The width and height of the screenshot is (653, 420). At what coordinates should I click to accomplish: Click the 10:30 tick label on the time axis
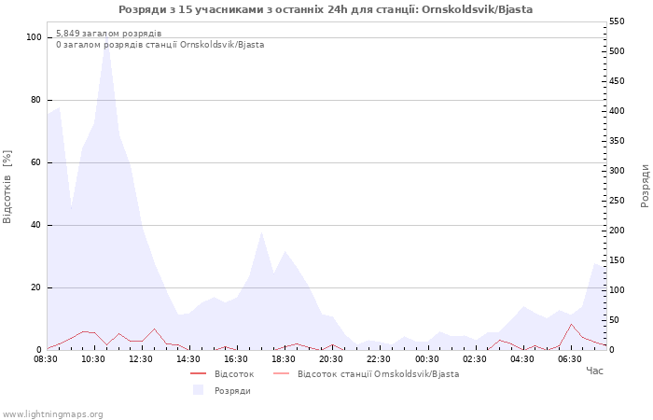click(x=93, y=359)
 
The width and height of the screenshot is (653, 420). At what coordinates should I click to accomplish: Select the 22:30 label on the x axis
click(x=379, y=359)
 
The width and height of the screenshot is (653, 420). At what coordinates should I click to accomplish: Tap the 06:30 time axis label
click(x=570, y=359)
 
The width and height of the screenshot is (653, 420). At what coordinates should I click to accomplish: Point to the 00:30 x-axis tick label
click(x=427, y=359)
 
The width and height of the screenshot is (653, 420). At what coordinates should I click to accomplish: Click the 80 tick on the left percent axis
click(x=35, y=100)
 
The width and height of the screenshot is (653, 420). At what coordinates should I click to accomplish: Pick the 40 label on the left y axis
click(x=35, y=226)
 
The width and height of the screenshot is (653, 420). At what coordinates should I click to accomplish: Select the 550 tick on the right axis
click(x=617, y=21)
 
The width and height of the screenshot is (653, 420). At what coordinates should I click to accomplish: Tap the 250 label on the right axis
click(x=617, y=201)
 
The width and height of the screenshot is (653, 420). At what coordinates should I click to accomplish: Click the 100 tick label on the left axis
click(x=35, y=37)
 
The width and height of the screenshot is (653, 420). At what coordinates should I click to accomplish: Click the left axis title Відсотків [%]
click(x=7, y=187)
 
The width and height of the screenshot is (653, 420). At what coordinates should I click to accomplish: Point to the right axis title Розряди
click(x=645, y=186)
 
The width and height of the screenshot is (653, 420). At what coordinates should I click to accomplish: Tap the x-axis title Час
click(x=594, y=371)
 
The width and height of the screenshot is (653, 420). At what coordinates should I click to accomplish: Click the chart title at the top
click(x=326, y=9)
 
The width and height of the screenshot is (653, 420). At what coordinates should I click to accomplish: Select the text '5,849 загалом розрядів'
click(x=109, y=34)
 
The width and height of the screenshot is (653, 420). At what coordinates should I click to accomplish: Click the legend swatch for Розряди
click(x=198, y=390)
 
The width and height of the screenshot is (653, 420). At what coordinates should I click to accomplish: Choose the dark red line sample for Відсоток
click(x=198, y=373)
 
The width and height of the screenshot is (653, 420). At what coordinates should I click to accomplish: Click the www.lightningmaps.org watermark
click(x=52, y=414)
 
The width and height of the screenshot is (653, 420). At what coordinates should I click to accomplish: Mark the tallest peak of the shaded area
click(x=106, y=36)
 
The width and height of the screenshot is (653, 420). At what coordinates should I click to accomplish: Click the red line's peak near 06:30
click(x=571, y=324)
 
